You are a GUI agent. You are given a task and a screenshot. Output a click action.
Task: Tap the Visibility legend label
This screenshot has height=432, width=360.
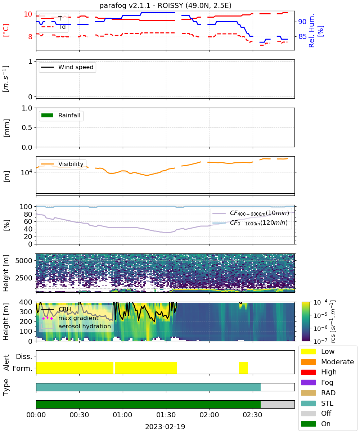[x=71, y=164]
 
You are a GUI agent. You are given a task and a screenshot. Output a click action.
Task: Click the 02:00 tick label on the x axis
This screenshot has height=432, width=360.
[x=209, y=415]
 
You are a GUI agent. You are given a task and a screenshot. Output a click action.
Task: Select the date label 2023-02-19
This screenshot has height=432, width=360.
[x=165, y=427]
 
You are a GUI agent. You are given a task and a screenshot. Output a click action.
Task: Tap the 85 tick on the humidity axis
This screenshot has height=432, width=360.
[x=302, y=36]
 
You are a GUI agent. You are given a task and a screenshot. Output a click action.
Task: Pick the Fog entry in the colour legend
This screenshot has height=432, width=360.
[x=327, y=382]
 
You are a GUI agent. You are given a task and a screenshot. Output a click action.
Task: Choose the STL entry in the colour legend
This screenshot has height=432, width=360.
[x=327, y=403]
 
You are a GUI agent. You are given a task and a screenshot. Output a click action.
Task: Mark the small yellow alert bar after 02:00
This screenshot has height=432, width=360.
[x=243, y=368]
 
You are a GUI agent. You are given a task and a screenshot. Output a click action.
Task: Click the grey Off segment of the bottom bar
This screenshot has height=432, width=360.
[x=278, y=405]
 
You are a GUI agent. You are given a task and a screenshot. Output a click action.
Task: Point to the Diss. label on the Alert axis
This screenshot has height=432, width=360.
[x=24, y=356]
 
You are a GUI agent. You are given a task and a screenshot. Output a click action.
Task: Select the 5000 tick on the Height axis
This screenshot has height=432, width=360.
[x=24, y=261]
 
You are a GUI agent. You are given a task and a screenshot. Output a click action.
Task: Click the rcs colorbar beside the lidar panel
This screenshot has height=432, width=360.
[x=306, y=321]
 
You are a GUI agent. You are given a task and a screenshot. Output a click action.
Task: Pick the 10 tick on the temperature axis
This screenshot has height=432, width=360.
[x=28, y=14]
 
